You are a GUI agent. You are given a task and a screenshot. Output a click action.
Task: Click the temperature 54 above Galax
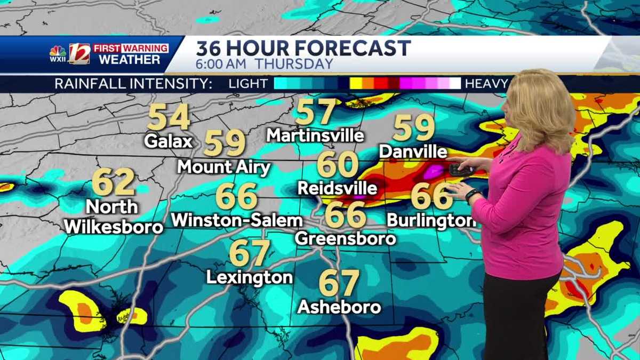tap(169, 117)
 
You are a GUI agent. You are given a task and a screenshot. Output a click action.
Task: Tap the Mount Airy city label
tap(224, 167)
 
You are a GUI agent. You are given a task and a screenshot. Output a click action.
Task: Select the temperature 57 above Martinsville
tap(316, 112)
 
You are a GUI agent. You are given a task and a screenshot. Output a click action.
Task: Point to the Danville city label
tap(413, 152)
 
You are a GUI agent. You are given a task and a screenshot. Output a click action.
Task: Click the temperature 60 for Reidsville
tap(337, 165)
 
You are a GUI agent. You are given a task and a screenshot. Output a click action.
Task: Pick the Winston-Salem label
tap(237, 220)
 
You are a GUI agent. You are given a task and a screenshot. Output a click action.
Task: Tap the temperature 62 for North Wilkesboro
tap(113, 182)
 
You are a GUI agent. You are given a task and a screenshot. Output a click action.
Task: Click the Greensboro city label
tap(346, 238)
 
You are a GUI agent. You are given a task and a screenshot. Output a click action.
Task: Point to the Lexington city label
tap(250, 277)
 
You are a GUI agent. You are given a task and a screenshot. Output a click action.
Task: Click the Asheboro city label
tap(339, 307)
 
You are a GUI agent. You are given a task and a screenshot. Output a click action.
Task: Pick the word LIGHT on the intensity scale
tap(248, 84)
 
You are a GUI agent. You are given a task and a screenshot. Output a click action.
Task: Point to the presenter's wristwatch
tap(471, 196)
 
